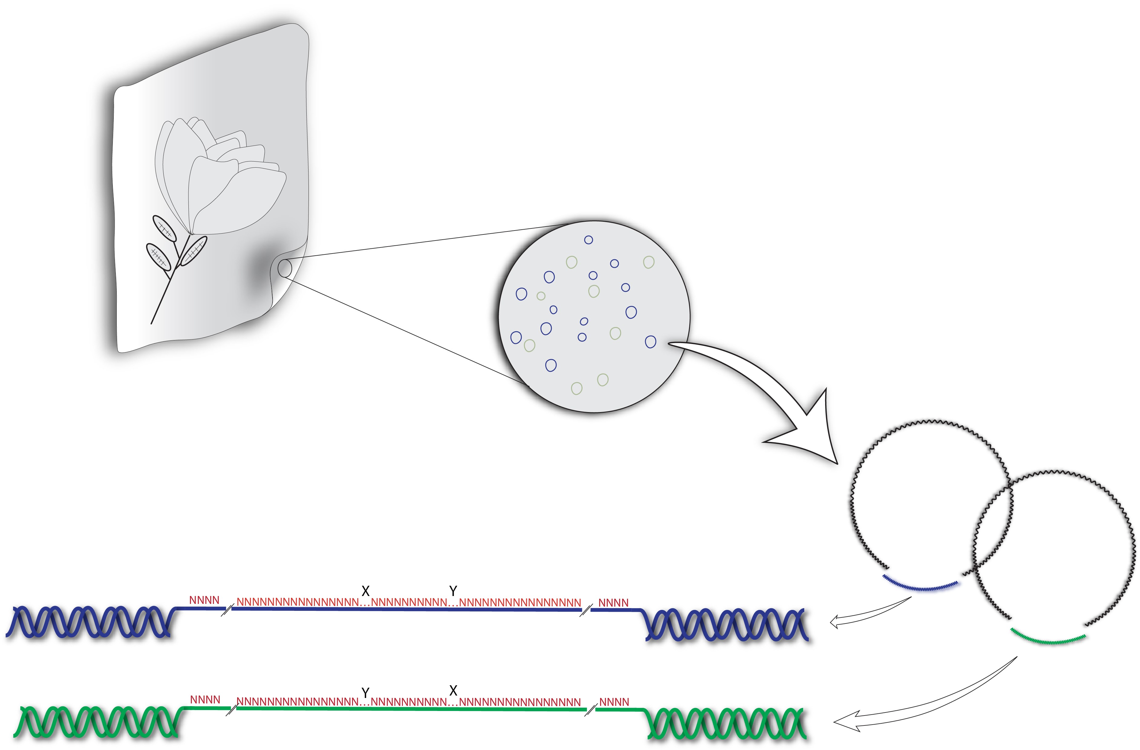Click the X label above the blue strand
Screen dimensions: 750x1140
[365, 591]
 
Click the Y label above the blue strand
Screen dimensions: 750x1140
[453, 591]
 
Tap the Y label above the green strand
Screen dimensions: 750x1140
[365, 693]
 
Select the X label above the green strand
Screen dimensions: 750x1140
[453, 691]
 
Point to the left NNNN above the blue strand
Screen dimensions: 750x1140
[204, 600]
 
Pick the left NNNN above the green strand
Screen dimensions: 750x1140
[205, 700]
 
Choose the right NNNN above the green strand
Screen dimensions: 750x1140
[614, 702]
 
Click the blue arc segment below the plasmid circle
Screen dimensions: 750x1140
[921, 586]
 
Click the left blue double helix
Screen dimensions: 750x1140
[89, 621]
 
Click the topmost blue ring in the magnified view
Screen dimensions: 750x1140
[588, 240]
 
